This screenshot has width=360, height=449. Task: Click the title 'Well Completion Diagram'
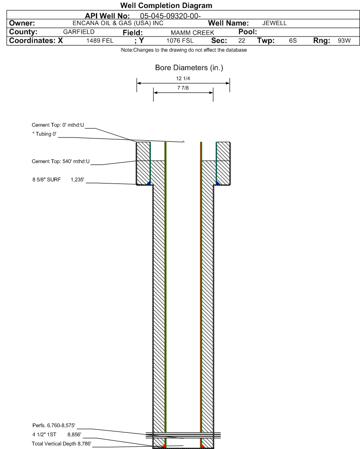point(166,5)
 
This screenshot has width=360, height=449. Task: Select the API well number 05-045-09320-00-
point(170,16)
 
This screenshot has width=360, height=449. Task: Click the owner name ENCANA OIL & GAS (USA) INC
point(118,23)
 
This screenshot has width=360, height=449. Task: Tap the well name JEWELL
point(274,23)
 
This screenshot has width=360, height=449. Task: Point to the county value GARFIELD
point(79,32)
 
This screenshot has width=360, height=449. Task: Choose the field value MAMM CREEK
point(193,33)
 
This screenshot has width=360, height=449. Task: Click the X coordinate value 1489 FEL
point(100,41)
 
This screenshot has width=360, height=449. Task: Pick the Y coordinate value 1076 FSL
point(180,41)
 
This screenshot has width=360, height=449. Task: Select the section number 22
point(242,41)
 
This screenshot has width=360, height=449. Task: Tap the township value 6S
point(293,41)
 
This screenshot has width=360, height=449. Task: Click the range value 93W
point(344,41)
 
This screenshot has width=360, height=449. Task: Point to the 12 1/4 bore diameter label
point(183,78)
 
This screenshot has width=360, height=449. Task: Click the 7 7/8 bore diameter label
point(183,88)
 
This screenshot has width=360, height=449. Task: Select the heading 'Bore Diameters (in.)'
point(189,68)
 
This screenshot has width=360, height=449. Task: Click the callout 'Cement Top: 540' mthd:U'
point(61,162)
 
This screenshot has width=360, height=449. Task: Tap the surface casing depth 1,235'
point(78,180)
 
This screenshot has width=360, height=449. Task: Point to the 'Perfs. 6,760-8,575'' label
point(54,425)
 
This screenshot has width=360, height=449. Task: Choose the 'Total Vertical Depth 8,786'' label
point(62,444)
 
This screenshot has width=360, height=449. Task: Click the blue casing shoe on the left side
point(148,183)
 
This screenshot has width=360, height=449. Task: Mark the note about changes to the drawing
point(184,50)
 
